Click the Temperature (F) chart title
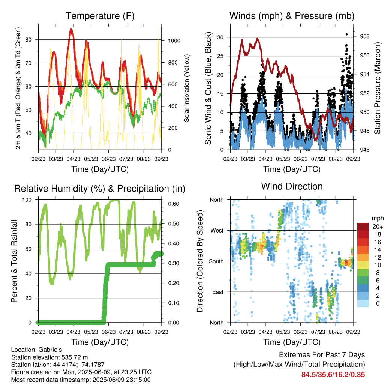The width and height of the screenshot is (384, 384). [x=100, y=16]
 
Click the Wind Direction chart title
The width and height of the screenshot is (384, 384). [x=292, y=186]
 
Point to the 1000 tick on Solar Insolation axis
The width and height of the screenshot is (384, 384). [x=174, y=40]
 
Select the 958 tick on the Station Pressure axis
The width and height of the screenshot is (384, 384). [x=364, y=36]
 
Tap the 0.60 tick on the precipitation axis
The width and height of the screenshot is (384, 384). [x=174, y=204]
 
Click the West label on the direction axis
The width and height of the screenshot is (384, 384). [x=217, y=231]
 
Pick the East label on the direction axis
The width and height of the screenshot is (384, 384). [x=218, y=292]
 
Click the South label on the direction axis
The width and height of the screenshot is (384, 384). [x=216, y=261]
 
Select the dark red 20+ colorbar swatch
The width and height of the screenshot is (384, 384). [x=363, y=226]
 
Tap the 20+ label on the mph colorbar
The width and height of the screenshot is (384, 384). [x=377, y=226]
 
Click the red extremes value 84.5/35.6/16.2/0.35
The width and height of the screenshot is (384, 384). [x=333, y=375]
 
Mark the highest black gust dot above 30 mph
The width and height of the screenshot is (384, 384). [x=346, y=34]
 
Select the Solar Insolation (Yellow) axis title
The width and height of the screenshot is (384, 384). [x=187, y=88]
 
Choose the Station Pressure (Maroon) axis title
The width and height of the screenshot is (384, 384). [x=377, y=88]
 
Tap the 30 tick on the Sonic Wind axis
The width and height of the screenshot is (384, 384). [x=220, y=37]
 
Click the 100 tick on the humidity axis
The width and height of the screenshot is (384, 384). [x=27, y=200]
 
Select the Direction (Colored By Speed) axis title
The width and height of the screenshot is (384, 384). [x=200, y=261]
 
